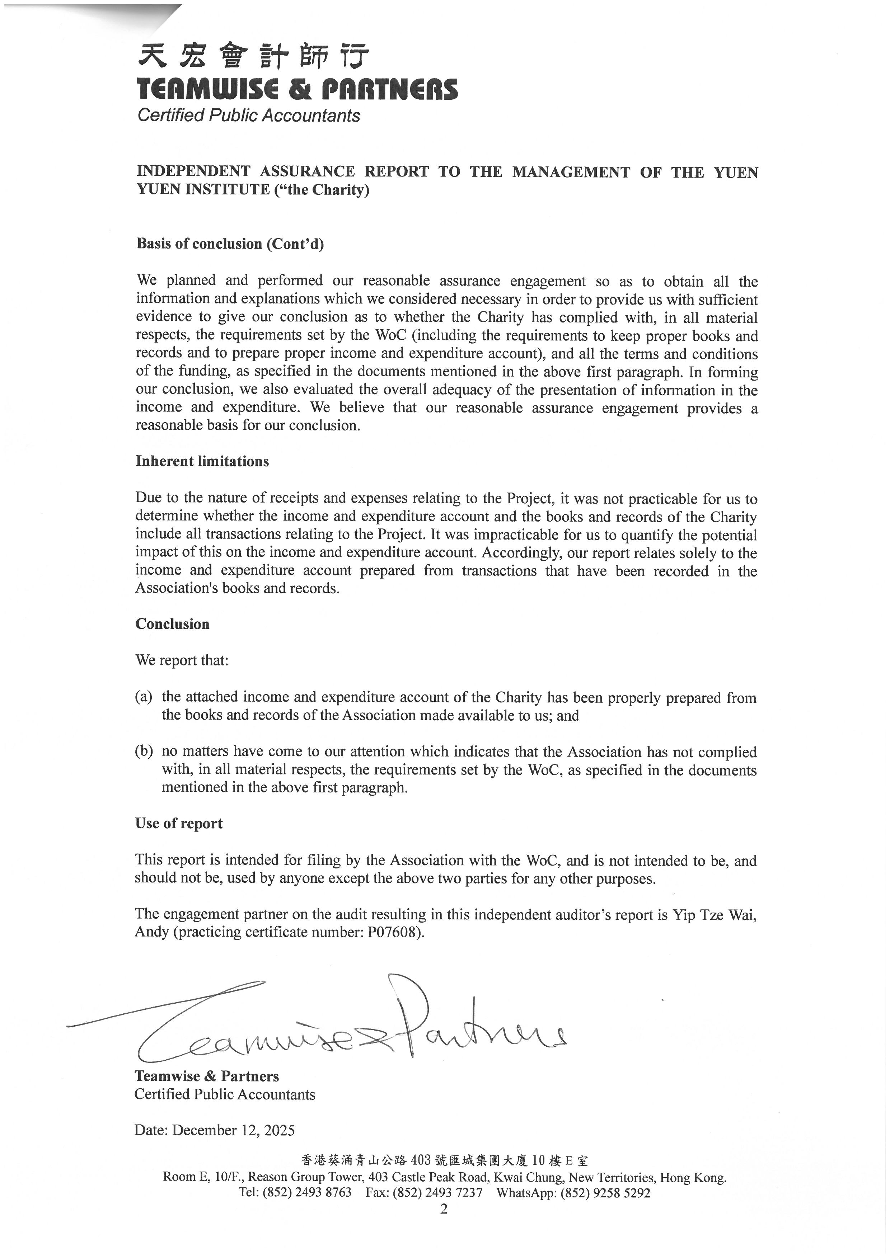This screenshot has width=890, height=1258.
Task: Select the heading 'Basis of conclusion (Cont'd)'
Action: pyautogui.click(x=230, y=244)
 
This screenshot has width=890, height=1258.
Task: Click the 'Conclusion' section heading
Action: pyautogui.click(x=172, y=624)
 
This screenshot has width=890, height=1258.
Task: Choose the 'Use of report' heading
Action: pyautogui.click(x=179, y=824)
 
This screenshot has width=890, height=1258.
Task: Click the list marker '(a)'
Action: pyautogui.click(x=144, y=697)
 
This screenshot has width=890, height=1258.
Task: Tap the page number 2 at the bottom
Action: pyautogui.click(x=444, y=1209)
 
